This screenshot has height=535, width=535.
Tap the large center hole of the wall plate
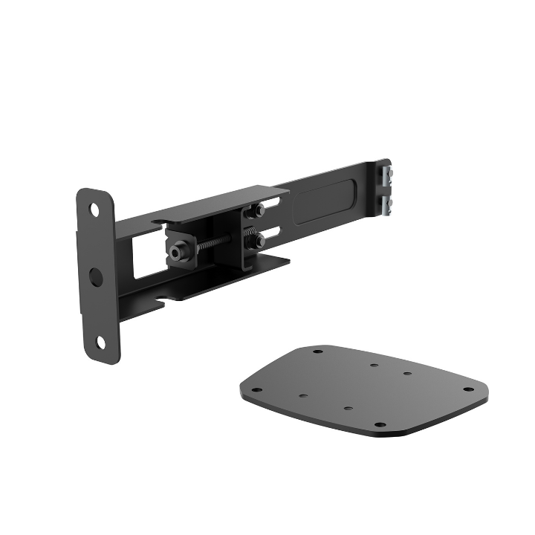click(96, 276)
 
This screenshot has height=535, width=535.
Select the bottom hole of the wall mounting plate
click(101, 342)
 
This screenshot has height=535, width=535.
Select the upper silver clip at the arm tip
click(386, 177)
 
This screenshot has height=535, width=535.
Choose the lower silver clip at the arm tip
click(386, 206)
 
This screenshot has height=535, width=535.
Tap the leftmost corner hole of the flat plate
click(256, 390)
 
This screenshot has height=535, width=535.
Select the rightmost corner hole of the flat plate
click(468, 389)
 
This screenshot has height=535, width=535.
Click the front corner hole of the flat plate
click(380, 424)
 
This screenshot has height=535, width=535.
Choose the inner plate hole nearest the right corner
click(408, 373)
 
